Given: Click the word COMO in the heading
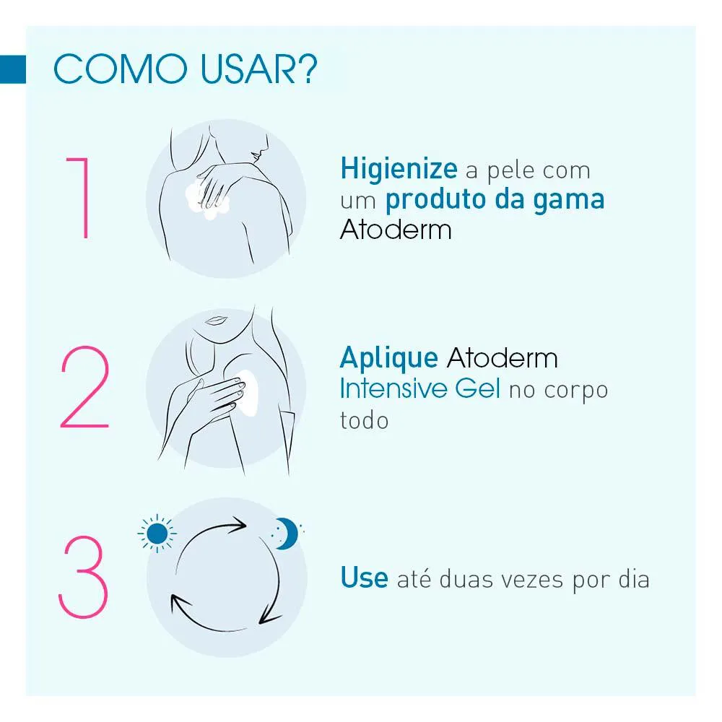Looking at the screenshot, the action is tap(120, 69).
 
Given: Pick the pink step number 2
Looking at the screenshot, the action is tap(84, 387).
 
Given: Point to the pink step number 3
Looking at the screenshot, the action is tap(83, 576).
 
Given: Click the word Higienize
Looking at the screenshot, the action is tap(399, 169).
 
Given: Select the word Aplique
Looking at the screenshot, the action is tap(389, 359).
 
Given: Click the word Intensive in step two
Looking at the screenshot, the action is tap(393, 388).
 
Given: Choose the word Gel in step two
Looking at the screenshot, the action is tap(477, 388).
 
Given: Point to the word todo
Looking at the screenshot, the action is tap(364, 420).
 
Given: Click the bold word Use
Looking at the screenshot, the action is tap(364, 578).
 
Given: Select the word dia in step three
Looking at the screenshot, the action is tap(634, 579).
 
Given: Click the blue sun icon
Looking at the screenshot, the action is tap(157, 534).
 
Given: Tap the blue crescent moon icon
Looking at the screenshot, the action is tap(287, 534).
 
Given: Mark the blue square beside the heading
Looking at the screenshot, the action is tap(13, 69).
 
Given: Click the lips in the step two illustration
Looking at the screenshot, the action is tap(215, 320).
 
